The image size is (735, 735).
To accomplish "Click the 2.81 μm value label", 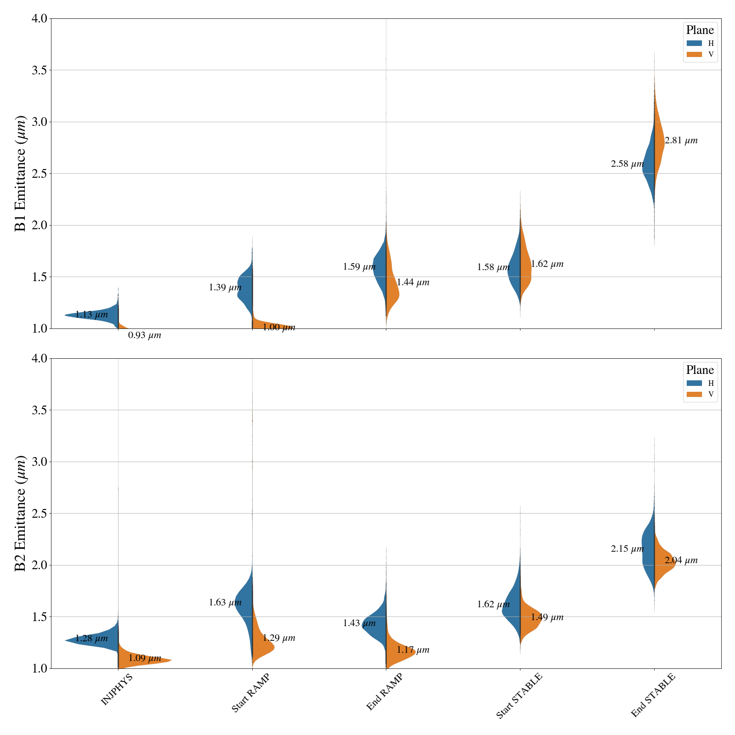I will click(681, 141).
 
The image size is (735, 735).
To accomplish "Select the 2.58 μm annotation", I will click(627, 164).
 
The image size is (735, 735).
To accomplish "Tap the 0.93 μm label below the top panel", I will click(145, 335).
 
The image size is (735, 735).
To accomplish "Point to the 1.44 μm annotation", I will click(413, 283).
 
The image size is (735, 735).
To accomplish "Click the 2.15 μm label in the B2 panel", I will click(627, 549).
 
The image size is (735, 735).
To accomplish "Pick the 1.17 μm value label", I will click(413, 650).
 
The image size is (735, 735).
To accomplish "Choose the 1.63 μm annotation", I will click(225, 603).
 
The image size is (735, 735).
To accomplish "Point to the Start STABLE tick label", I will click(520, 695).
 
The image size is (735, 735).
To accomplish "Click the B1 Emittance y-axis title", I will click(21, 174).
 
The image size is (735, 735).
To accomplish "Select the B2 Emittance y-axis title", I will click(21, 514).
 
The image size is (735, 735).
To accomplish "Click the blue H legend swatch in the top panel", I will click(694, 43).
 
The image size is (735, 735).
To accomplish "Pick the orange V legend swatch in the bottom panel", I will click(694, 394).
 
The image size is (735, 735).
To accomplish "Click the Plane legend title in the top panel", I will click(700, 30).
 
